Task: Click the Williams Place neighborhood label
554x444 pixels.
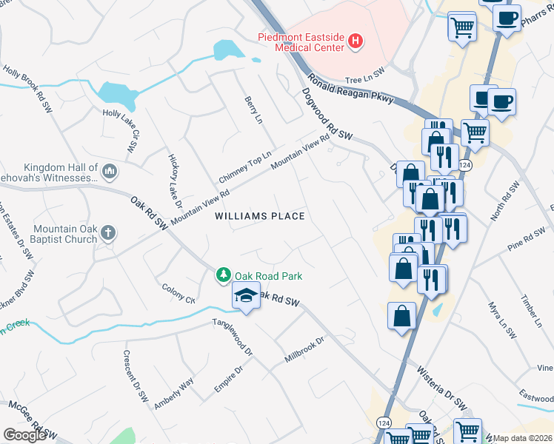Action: click(260, 216)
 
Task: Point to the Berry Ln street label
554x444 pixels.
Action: click(253, 110)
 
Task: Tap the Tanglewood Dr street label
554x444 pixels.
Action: click(233, 337)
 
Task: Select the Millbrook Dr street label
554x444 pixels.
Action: click(304, 351)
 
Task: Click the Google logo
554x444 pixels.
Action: click(24, 434)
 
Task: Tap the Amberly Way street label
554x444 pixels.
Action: click(173, 393)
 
